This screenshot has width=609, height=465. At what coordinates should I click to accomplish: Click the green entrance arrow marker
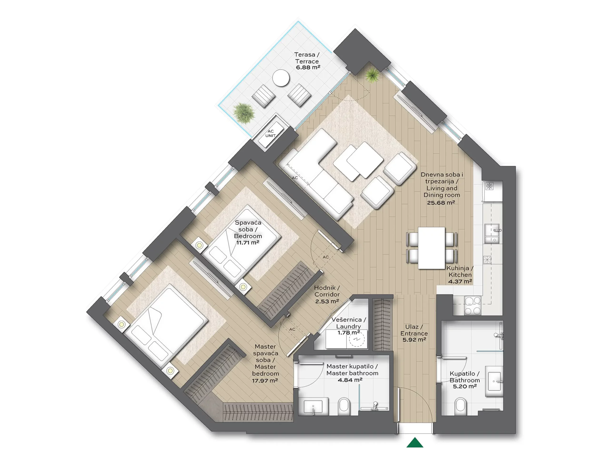point(415,442)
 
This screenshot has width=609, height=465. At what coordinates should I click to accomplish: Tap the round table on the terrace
point(281,78)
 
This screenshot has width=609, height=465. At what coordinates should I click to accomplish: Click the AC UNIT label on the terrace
point(270,133)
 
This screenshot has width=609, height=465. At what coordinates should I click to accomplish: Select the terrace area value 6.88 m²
point(308,67)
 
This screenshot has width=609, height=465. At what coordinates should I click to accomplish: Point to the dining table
point(432,248)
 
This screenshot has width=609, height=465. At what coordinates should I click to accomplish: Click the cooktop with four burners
point(473,305)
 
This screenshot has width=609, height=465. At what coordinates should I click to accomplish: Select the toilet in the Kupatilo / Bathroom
point(460,405)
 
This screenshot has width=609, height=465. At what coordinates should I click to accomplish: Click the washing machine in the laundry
point(357,339)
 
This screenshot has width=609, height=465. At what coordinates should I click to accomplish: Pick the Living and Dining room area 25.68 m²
point(441,203)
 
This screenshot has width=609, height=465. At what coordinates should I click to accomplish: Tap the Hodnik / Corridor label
point(327,291)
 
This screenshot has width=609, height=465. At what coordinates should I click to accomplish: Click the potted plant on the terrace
point(244,113)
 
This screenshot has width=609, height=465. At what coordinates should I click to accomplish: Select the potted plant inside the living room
point(373,75)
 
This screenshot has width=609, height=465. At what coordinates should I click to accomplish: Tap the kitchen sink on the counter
point(492,233)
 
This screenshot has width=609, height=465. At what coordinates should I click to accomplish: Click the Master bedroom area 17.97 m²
point(265,380)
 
